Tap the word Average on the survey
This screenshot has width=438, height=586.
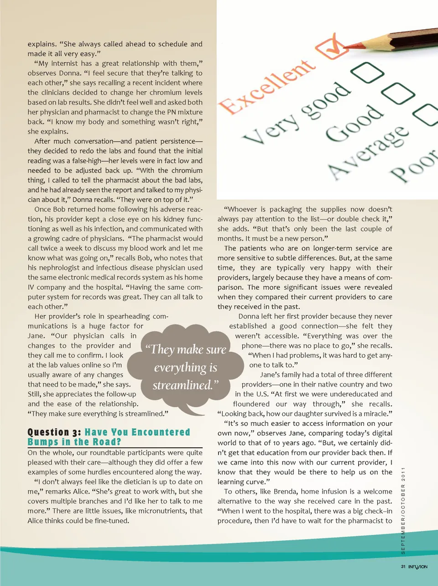pos(368,151)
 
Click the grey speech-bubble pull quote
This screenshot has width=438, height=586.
pos(186,367)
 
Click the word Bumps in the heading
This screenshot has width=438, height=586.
pos(43,442)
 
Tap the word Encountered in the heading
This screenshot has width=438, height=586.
pos(161,432)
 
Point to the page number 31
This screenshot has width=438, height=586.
pos(403,567)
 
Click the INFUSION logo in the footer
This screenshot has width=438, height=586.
pos(417,567)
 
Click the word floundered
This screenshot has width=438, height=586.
pos(251,404)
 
